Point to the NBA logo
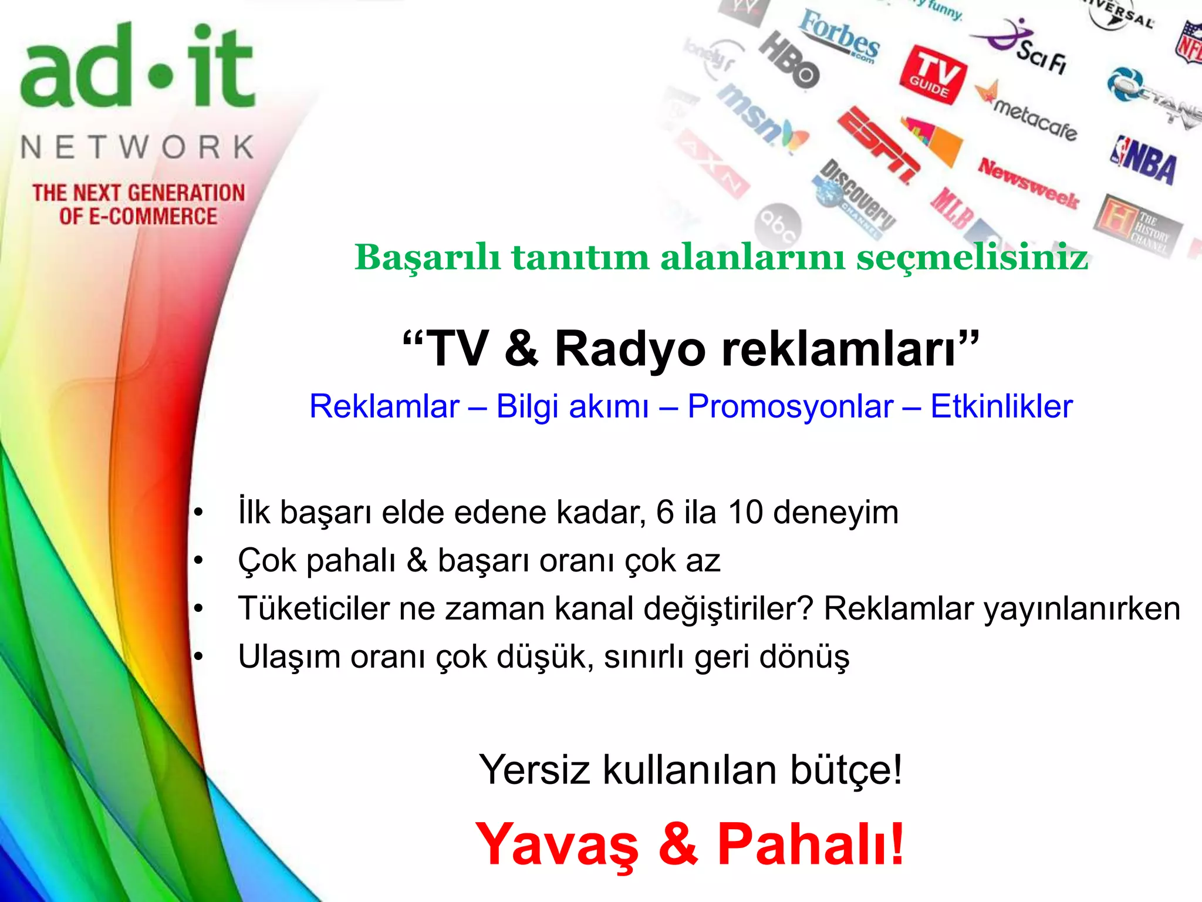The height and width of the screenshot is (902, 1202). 1144,159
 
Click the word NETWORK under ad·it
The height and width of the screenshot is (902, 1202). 137,147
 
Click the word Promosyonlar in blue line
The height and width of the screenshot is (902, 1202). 791,406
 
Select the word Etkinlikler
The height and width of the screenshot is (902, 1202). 1001,406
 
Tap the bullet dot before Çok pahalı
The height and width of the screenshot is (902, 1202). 199,561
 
